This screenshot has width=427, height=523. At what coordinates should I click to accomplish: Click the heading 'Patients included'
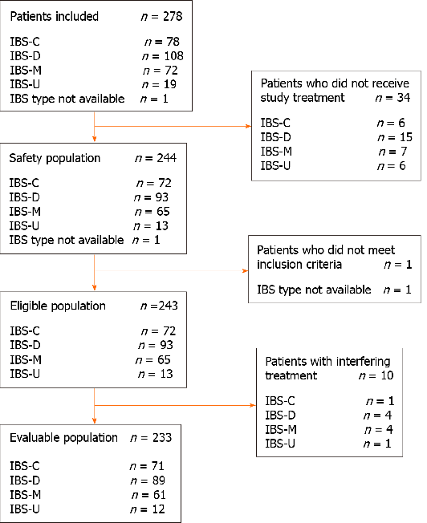pos(53,16)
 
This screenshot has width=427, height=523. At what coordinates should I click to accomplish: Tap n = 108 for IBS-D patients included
pos(164,56)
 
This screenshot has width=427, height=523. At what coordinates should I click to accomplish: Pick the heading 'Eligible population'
pos(57,306)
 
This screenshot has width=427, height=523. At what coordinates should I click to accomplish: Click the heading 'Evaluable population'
pos(63,438)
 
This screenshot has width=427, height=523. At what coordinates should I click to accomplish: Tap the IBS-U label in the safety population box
pos(23,225)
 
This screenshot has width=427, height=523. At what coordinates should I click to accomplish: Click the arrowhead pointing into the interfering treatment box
pos(251,406)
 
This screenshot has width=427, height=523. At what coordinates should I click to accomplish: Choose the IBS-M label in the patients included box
pos(24,70)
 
